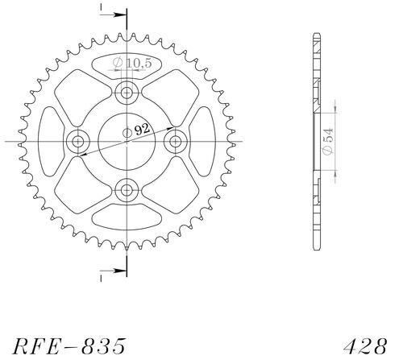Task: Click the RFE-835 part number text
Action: (69, 346)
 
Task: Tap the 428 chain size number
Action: (365, 346)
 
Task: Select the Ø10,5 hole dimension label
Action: (132, 63)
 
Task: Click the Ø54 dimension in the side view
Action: (328, 142)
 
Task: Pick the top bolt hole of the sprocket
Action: (127, 93)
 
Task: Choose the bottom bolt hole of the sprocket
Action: (127, 190)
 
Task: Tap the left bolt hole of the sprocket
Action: (78, 141)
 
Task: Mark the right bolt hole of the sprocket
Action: (175, 141)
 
